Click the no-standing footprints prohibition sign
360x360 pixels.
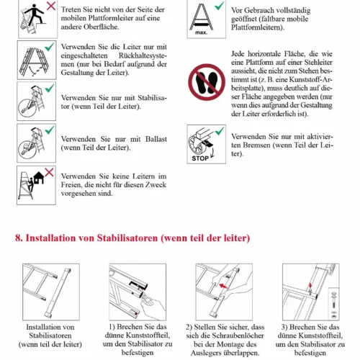tap(207, 82)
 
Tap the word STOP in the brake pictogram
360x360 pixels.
tap(200, 158)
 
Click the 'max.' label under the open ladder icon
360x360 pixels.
tap(201, 32)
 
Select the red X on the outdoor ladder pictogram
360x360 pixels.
tap(49, 172)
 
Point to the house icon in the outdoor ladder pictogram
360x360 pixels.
tap(38, 178)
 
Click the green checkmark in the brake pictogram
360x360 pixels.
tap(220, 131)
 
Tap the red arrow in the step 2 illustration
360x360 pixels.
tap(223, 286)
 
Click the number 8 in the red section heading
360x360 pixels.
tap(18, 238)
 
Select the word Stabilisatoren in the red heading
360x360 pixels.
tap(127, 238)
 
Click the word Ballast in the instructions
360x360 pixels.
tap(156, 139)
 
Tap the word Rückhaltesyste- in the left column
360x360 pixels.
tap(143, 55)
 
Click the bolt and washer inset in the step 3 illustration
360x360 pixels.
tap(333, 304)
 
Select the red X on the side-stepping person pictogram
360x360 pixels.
tap(51, 6)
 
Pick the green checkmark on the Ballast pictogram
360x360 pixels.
tap(50, 130)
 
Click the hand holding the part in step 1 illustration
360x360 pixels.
tap(153, 307)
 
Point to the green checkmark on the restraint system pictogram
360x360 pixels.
tap(50, 47)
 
